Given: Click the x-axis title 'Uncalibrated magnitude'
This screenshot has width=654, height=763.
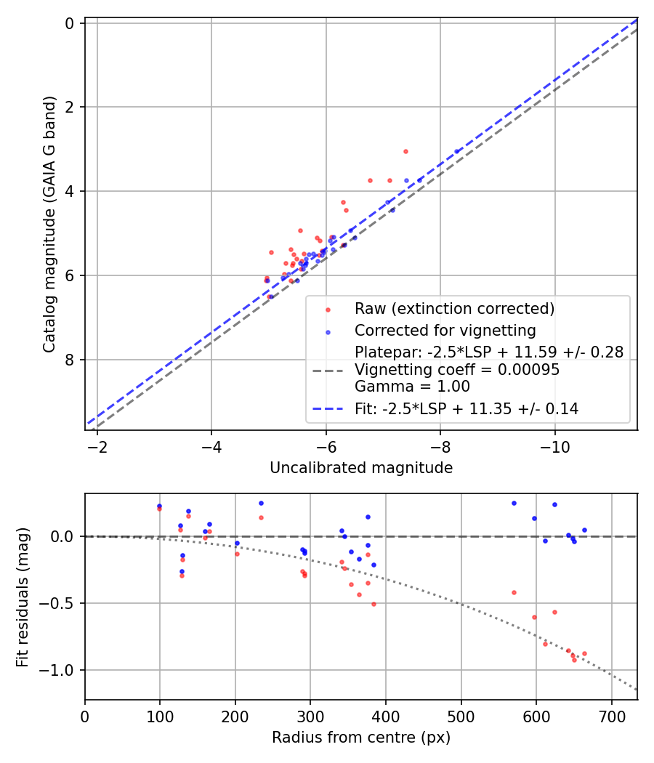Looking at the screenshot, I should (x=361, y=468).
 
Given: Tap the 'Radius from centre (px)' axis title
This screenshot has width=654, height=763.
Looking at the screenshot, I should (x=361, y=738).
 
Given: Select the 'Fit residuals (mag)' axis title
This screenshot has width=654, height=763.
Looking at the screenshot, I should (x=23, y=597).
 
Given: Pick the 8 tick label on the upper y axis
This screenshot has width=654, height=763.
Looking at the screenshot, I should (x=70, y=360).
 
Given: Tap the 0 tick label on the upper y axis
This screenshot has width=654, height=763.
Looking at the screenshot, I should (x=70, y=23).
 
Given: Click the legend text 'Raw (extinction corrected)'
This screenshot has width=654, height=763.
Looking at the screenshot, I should (x=454, y=309).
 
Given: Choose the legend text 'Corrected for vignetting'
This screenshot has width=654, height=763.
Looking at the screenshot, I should (x=445, y=331).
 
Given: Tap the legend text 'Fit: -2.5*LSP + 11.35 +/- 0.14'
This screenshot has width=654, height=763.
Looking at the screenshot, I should (x=467, y=409).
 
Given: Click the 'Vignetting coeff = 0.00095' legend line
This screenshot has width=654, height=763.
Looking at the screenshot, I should (x=457, y=370).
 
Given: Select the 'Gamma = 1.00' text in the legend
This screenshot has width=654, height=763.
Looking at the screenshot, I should (x=412, y=387).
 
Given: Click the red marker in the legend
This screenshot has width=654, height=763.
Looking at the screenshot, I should (x=328, y=310).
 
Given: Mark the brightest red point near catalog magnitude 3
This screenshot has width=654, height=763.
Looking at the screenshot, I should (x=405, y=151).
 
